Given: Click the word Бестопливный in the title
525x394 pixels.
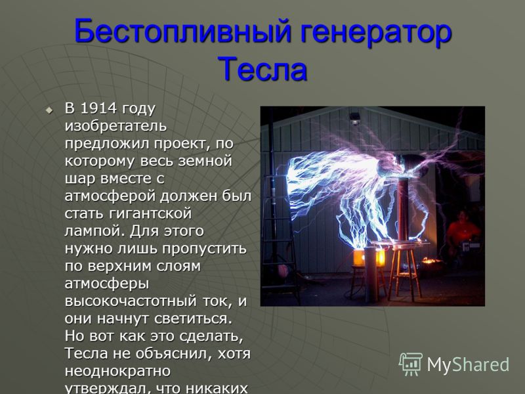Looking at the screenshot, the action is click(183, 31).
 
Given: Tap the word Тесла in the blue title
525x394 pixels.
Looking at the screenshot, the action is click(262, 69).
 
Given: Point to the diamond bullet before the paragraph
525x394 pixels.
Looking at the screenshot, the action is click(49, 110).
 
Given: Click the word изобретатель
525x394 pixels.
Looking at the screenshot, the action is click(115, 126).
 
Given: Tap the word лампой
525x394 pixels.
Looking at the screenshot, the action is click(94, 232).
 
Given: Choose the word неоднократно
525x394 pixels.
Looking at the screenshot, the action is click(117, 371).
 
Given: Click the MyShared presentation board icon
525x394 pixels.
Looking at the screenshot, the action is click(410, 364).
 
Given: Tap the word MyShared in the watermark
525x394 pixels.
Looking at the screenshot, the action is click(468, 364).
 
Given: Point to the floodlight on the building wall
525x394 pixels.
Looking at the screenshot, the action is click(355, 118).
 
